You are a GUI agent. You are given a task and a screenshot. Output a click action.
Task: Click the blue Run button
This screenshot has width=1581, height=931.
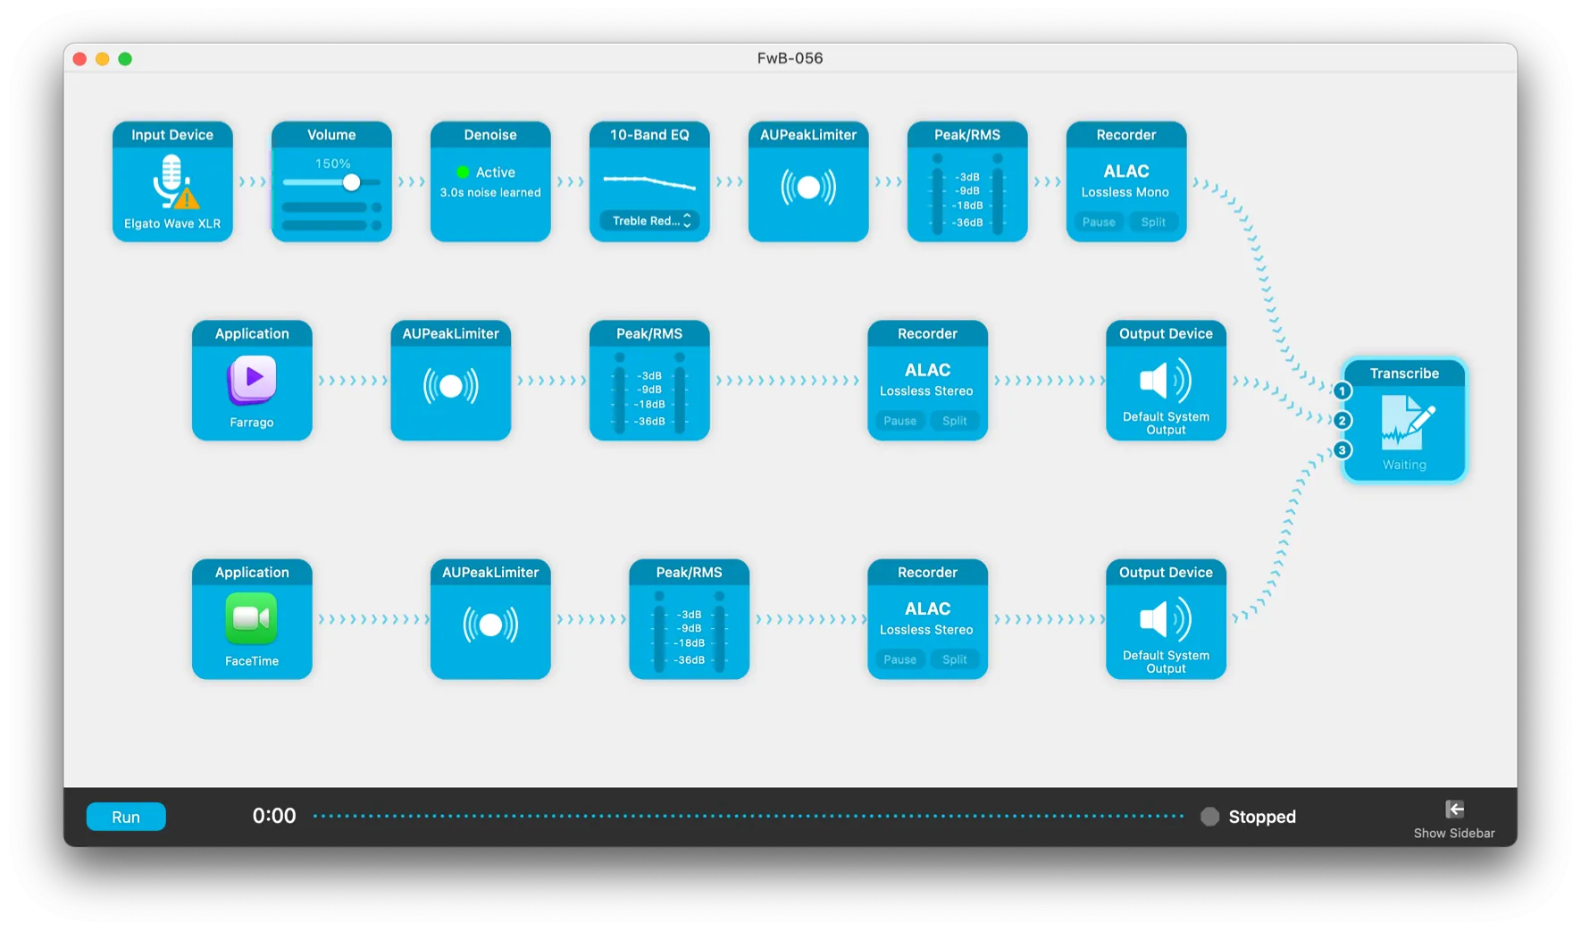[x=126, y=817]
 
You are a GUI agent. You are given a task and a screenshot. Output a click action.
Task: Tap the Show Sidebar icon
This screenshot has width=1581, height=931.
[x=1454, y=809]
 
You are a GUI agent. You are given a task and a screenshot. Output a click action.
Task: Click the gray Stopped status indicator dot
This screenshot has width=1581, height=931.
[x=1209, y=817]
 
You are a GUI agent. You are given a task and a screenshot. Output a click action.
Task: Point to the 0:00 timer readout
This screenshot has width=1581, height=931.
[x=273, y=816]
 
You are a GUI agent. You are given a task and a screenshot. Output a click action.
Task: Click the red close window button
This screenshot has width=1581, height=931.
[x=79, y=59]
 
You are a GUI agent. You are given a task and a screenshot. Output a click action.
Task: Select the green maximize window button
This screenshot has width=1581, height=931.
[x=125, y=59]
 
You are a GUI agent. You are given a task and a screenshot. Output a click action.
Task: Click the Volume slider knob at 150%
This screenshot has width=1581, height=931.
[x=351, y=182]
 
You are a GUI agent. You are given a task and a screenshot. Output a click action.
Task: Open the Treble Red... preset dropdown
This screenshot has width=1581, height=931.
[x=649, y=221]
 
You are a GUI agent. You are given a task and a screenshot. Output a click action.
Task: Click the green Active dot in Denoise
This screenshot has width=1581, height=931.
[x=463, y=172]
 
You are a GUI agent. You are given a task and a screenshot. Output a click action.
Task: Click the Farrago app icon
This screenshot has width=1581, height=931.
[x=252, y=380]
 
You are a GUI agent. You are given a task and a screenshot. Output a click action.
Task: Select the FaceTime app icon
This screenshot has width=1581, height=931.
[x=252, y=618]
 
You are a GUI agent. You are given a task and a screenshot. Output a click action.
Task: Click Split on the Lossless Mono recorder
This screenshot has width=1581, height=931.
[x=1153, y=222]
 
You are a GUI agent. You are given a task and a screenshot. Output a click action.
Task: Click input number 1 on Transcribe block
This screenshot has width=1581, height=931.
[x=1342, y=391]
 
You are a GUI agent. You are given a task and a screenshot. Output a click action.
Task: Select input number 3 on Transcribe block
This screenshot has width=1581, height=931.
[x=1342, y=450]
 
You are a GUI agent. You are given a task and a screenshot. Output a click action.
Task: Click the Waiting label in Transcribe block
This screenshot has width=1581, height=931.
[x=1404, y=465]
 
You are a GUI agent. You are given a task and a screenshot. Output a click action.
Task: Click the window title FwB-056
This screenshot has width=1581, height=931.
[x=790, y=58]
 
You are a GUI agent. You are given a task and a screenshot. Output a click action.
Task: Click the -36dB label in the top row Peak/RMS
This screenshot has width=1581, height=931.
[x=967, y=222]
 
